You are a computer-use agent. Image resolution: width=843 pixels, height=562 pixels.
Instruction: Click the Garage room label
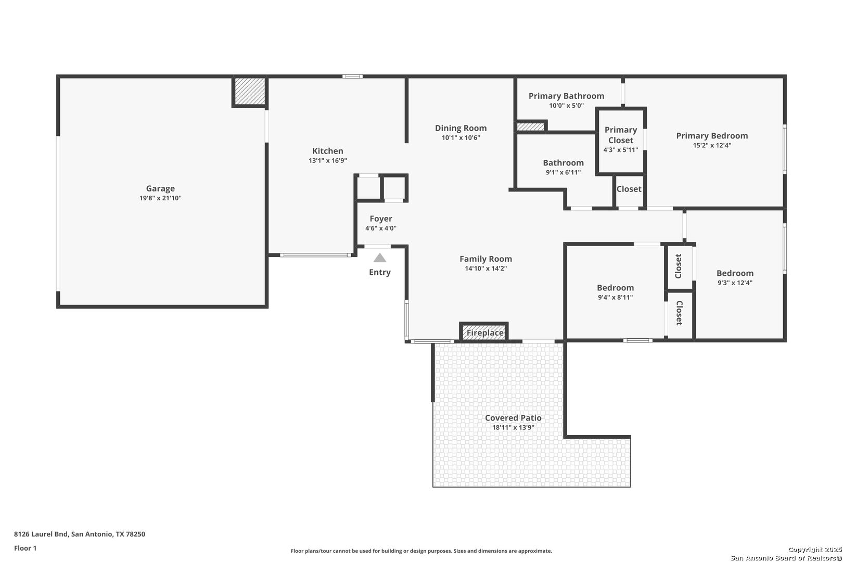[x=160, y=188]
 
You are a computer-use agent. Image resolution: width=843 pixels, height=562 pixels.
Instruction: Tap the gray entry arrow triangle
[x=380, y=258]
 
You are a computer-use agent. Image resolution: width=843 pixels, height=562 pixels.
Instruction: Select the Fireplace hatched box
[x=484, y=332]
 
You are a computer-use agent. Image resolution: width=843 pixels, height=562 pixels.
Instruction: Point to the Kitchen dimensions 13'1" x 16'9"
[x=328, y=160]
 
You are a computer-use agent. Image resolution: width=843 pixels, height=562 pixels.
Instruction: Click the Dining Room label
[x=461, y=128]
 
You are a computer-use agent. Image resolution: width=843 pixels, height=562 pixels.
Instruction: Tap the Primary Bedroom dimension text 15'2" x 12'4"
[x=712, y=145]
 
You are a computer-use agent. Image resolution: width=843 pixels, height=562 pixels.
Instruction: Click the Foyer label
[x=381, y=219]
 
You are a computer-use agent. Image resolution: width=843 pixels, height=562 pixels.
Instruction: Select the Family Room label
[x=486, y=259]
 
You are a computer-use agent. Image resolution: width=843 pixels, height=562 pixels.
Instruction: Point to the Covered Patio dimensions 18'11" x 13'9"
[x=513, y=427]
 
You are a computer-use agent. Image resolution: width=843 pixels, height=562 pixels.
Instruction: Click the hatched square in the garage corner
[x=249, y=91]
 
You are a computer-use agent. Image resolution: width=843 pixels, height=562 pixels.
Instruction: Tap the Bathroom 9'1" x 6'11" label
[x=564, y=167]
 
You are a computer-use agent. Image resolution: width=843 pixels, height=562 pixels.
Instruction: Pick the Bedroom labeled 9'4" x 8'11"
[x=615, y=292]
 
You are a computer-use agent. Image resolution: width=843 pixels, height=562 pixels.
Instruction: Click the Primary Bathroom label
[x=566, y=96]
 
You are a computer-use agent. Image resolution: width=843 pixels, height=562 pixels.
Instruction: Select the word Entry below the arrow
[x=380, y=272]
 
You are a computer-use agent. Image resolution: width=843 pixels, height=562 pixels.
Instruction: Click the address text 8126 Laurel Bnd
[x=41, y=534]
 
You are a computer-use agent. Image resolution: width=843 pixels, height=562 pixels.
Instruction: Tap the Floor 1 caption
[x=25, y=548]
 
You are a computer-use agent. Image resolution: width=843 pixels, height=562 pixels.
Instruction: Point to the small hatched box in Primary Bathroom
[x=531, y=126]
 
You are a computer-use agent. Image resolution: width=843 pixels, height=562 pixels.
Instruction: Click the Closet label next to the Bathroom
[x=629, y=189]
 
